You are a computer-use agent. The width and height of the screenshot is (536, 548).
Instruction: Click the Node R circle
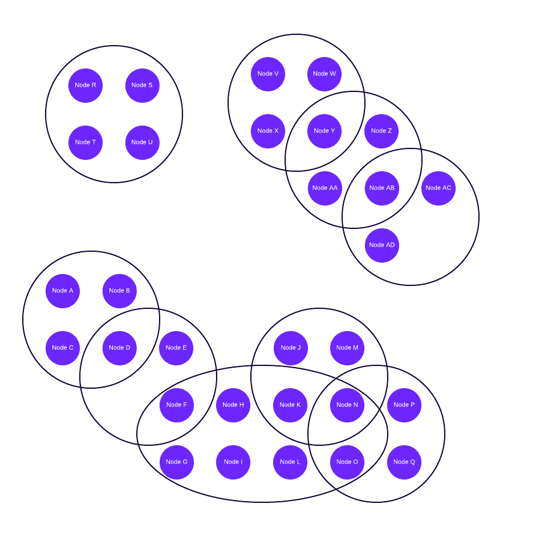tap(86, 86)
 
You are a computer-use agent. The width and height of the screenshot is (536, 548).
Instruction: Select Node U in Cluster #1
tap(142, 143)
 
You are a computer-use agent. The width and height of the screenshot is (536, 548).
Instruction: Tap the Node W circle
tap(324, 74)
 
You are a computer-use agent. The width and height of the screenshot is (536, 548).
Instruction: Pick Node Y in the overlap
tap(324, 131)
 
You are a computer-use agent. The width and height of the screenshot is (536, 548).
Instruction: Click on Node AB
tap(381, 188)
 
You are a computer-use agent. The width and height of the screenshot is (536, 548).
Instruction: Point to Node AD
tap(381, 245)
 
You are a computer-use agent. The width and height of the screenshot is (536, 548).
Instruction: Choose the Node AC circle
tap(438, 188)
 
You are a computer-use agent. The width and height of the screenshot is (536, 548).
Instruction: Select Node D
tap(120, 348)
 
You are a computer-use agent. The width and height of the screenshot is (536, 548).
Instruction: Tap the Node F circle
tap(177, 405)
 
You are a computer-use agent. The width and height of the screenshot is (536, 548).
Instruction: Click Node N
tap(347, 405)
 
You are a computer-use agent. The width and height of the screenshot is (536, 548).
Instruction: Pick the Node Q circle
tap(404, 462)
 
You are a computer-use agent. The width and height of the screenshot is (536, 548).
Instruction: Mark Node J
tap(291, 348)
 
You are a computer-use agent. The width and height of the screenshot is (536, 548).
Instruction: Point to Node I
tap(233, 462)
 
